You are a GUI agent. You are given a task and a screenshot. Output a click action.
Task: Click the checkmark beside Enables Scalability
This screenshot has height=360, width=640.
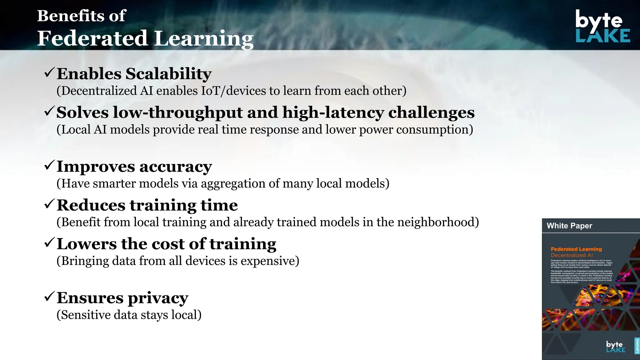pos(49,73)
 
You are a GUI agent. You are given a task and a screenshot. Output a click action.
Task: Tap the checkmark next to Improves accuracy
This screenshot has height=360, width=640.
pos(49,165)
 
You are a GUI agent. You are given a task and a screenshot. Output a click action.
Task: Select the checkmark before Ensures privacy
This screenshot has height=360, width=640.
pos(49,297)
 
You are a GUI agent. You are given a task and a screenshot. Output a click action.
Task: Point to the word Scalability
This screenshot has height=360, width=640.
pos(168,74)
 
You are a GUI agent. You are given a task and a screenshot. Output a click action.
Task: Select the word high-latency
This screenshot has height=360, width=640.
pos(333,112)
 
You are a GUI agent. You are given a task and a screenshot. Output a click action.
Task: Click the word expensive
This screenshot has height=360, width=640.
pos(270,261)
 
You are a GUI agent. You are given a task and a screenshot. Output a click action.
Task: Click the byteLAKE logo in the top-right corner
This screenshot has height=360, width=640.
pos(602,26)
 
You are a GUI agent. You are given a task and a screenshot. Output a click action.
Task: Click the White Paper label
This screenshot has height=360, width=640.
pos(569,226)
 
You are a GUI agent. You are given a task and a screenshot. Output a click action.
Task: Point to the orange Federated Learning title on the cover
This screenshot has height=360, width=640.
pos(576,249)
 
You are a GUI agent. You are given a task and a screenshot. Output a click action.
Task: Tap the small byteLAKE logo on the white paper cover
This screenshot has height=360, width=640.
pos(615,346)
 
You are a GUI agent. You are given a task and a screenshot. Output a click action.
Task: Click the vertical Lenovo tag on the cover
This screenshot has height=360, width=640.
pos(637,346)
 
